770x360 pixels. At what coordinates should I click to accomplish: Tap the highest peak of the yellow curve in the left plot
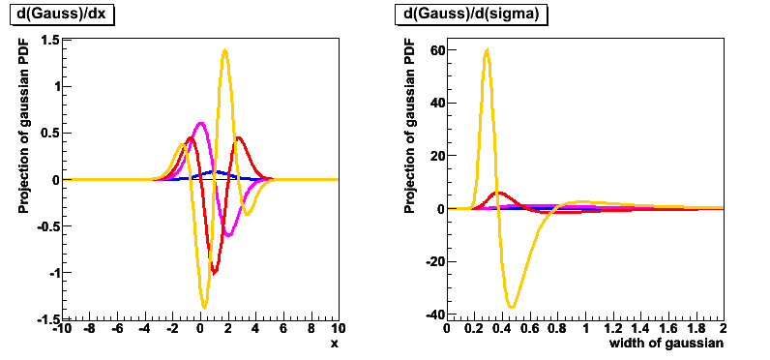[x=224, y=50]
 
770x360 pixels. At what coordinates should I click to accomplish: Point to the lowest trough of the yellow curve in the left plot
[x=204, y=308]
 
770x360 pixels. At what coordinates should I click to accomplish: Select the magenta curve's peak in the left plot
[x=200, y=123]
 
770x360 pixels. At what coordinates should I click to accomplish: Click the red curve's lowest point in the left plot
[x=214, y=273]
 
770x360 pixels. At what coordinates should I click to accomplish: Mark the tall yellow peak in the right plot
[x=487, y=49]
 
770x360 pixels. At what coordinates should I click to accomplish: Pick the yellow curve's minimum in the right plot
[x=512, y=307]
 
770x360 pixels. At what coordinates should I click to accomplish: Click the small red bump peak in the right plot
[x=499, y=193]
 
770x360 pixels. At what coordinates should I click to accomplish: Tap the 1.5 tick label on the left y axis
[x=49, y=40]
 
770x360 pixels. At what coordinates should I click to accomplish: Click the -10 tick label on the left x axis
[x=63, y=329]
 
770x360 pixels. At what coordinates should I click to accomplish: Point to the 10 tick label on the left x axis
[x=337, y=329]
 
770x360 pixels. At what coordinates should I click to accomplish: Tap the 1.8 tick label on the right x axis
[x=694, y=329]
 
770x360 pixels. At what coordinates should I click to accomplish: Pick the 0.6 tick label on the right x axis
[x=529, y=329]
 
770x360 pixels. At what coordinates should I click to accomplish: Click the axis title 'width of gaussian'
[x=666, y=344]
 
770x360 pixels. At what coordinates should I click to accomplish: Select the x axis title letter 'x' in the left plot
[x=334, y=344]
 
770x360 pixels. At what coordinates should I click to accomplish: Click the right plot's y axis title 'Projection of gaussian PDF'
[x=409, y=130]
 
